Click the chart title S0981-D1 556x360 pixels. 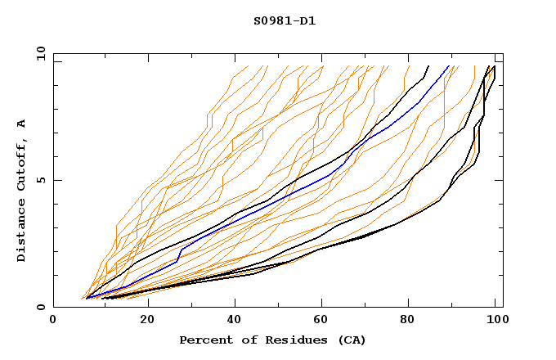[x=285, y=20]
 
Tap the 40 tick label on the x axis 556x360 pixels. [x=235, y=322]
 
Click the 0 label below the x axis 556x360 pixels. [x=53, y=322]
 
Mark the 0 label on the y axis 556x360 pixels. [x=40, y=308]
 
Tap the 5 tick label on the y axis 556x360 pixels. [x=40, y=180]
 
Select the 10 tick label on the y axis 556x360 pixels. [x=37, y=52]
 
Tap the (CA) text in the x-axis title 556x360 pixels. [x=349, y=340]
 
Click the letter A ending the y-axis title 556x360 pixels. [x=21, y=123]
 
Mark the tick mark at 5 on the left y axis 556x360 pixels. [x=56, y=180]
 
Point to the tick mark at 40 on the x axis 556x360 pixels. [x=235, y=304]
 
